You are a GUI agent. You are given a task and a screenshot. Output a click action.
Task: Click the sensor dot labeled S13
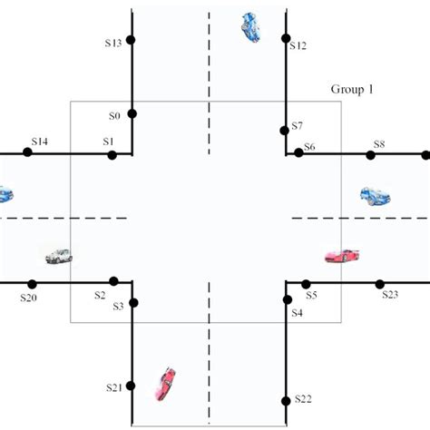pos(132,40)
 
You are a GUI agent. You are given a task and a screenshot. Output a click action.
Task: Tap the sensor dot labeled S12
pos(286,39)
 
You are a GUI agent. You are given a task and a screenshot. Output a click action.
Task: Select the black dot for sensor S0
pos(132,113)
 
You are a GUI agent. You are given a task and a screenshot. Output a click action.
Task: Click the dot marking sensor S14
pos(28,152)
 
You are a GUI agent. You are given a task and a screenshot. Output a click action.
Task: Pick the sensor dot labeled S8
pos(370,155)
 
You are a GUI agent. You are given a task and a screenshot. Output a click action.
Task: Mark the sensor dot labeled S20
pos(32,284)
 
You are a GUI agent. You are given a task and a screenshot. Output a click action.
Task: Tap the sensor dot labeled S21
pos(132,386)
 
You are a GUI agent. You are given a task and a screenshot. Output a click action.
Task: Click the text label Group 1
pos(349,90)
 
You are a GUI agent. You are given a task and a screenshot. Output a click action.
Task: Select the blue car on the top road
pos(249,27)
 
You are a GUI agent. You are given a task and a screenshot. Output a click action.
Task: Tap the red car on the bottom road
pos(165,383)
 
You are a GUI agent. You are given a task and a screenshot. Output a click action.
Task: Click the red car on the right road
pos(342,256)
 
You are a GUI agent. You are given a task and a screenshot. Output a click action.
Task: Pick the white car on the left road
pos(58,257)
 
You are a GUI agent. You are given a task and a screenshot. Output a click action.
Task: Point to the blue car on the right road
pos(375,195)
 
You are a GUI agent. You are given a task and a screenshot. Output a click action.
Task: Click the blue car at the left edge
pos(5,193)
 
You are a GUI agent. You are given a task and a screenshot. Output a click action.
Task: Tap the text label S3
pos(118,308)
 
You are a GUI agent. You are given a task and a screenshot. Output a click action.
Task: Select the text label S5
pos(311,296)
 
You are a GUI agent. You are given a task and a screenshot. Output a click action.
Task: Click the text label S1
pos(108,142)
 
